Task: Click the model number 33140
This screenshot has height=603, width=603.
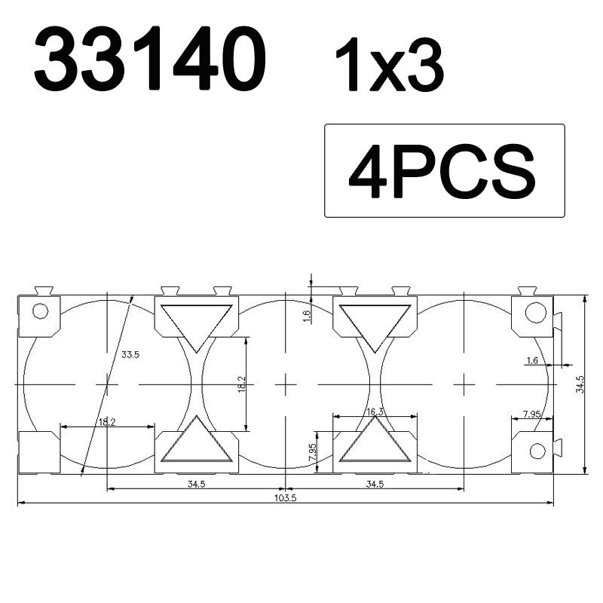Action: pyautogui.click(x=150, y=61)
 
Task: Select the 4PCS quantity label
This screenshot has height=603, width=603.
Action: pyautogui.click(x=442, y=172)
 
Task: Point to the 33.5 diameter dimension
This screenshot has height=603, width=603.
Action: pyautogui.click(x=130, y=354)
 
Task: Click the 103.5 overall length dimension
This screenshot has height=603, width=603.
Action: pyautogui.click(x=285, y=498)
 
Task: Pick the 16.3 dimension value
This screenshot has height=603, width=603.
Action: pyautogui.click(x=375, y=412)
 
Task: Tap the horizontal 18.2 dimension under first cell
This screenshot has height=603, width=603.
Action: pyautogui.click(x=107, y=422)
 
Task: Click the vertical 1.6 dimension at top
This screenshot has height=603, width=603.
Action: pyautogui.click(x=307, y=316)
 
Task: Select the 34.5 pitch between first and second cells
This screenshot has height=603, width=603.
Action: pyautogui.click(x=197, y=484)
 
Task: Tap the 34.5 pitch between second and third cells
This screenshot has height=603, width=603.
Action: pyautogui.click(x=375, y=484)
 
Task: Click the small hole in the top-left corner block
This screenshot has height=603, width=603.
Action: pyautogui.click(x=41, y=311)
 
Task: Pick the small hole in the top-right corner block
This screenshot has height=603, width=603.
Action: pyautogui.click(x=535, y=311)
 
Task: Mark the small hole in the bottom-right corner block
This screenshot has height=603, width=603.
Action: pyautogui.click(x=537, y=451)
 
